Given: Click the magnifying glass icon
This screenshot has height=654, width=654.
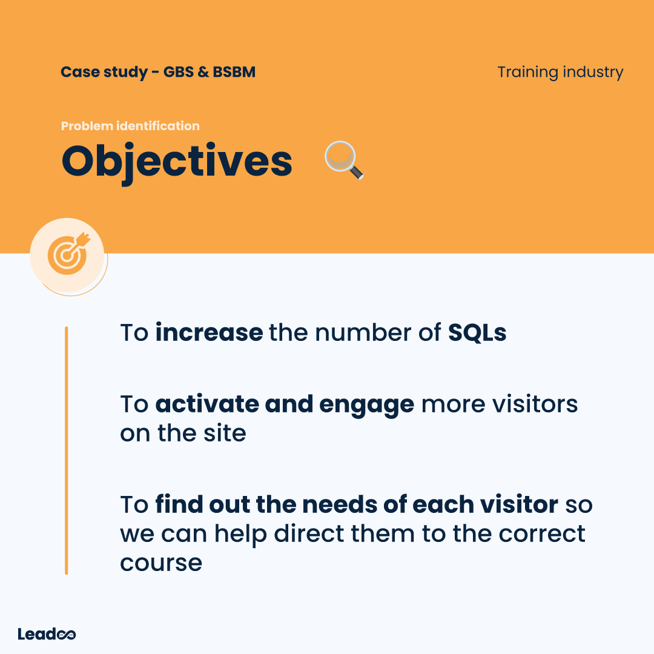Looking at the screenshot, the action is [344, 160].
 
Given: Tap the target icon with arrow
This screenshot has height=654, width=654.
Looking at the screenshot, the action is [68, 254].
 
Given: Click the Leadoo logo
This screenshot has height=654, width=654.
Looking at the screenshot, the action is [47, 634].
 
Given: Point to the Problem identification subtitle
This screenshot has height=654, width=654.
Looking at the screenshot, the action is [130, 126].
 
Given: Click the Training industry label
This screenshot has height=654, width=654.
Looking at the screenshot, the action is [560, 73].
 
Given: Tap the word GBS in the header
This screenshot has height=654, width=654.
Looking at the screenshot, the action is [178, 71].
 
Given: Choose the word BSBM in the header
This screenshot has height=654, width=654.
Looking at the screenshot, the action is [234, 71].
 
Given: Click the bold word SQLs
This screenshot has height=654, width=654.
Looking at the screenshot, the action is [477, 333].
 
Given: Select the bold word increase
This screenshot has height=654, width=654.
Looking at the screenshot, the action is [209, 333].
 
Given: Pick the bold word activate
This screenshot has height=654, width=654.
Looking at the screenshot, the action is [207, 404].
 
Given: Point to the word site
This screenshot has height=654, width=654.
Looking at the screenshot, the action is [225, 433].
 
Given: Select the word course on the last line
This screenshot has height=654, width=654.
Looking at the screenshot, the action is [161, 564].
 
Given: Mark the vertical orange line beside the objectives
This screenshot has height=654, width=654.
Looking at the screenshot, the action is [67, 451].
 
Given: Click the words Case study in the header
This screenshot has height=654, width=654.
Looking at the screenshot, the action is [104, 72].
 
